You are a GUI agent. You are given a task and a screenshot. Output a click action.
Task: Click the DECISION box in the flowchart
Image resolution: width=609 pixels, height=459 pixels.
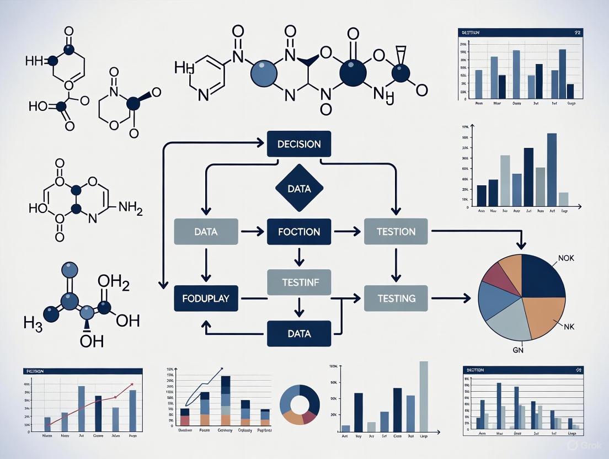click(x=298, y=144)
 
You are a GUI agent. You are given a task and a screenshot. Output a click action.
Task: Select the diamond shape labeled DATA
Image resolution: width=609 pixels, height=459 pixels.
click(x=299, y=189)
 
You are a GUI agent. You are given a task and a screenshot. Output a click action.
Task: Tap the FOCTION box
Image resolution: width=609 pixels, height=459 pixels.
click(x=299, y=231)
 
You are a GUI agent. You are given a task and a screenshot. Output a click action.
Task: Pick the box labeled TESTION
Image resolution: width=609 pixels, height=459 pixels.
click(x=397, y=231)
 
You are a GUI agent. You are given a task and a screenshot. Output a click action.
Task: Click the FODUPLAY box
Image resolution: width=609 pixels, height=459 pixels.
click(x=206, y=298)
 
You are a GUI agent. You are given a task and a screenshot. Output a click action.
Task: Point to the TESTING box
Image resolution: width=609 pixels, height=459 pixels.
click(x=397, y=298)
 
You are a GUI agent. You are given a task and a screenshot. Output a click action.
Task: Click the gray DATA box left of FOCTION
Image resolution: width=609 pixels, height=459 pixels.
click(x=206, y=231)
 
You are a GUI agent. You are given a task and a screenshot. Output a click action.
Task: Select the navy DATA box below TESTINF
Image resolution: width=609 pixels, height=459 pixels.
click(x=299, y=334)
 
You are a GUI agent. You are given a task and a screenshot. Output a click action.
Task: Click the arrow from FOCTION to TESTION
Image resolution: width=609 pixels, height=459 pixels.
click(x=348, y=232)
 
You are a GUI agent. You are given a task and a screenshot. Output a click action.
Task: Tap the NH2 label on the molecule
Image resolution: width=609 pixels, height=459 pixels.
click(x=130, y=209)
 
